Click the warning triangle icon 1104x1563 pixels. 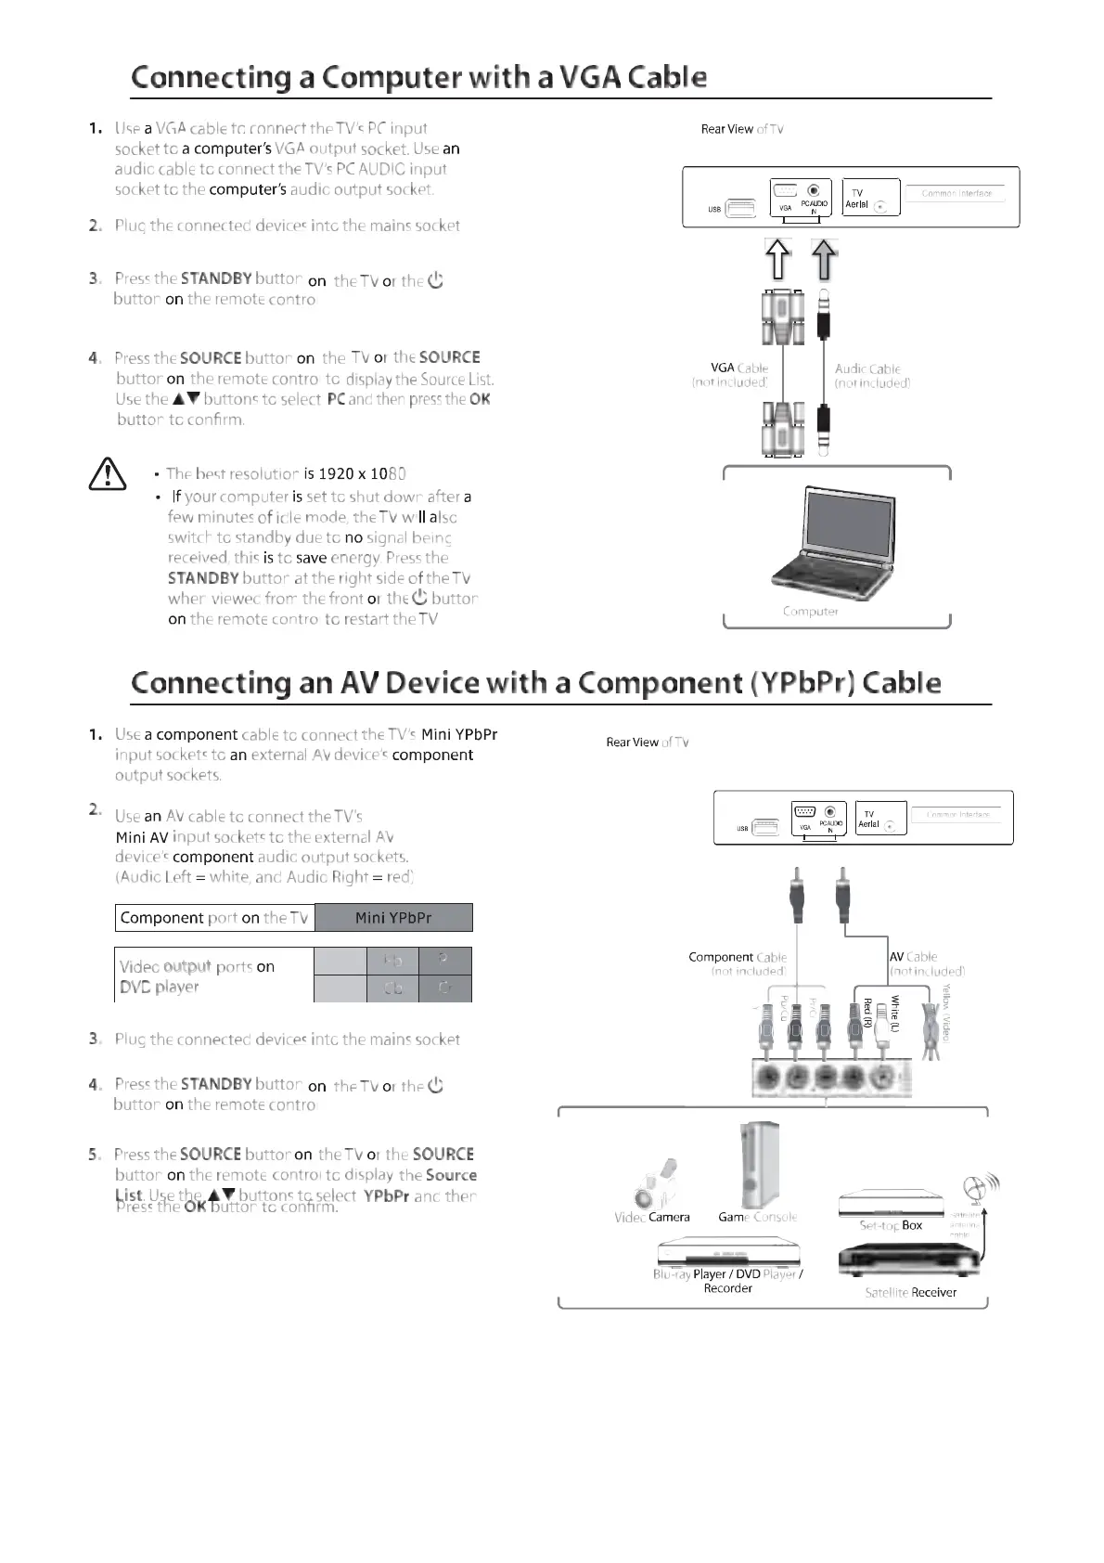pyautogui.click(x=108, y=473)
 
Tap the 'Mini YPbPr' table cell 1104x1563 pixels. pyautogui.click(x=393, y=918)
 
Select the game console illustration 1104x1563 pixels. pyautogui.click(x=758, y=1165)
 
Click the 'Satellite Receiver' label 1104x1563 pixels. pyautogui.click(x=910, y=1292)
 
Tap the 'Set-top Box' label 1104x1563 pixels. pyautogui.click(x=891, y=1225)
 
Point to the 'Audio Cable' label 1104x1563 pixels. pyautogui.click(x=867, y=368)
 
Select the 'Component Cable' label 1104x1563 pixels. pyautogui.click(x=738, y=957)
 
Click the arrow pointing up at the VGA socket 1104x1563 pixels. pyautogui.click(x=777, y=259)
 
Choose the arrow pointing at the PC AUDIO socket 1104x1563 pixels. pyautogui.click(x=824, y=259)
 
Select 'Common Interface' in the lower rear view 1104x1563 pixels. pyautogui.click(x=958, y=815)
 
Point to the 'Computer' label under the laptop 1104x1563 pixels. pyautogui.click(x=810, y=612)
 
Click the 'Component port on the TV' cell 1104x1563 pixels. pyautogui.click(x=214, y=918)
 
